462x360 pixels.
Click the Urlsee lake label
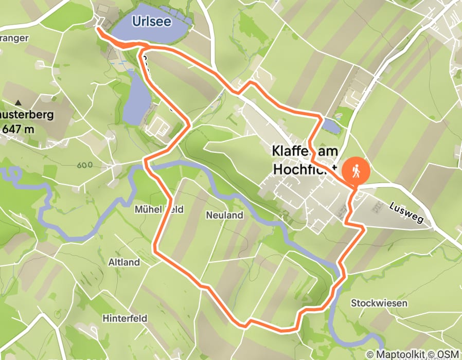pyautogui.click(x=151, y=22)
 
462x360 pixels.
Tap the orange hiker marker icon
pyautogui.click(x=356, y=171)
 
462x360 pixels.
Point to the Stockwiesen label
pyautogui.click(x=379, y=303)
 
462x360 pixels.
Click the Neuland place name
pyautogui.click(x=224, y=215)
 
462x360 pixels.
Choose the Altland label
pyautogui.click(x=124, y=262)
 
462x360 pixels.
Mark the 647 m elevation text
pyautogui.click(x=18, y=129)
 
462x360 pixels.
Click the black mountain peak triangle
pyautogui.click(x=19, y=103)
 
